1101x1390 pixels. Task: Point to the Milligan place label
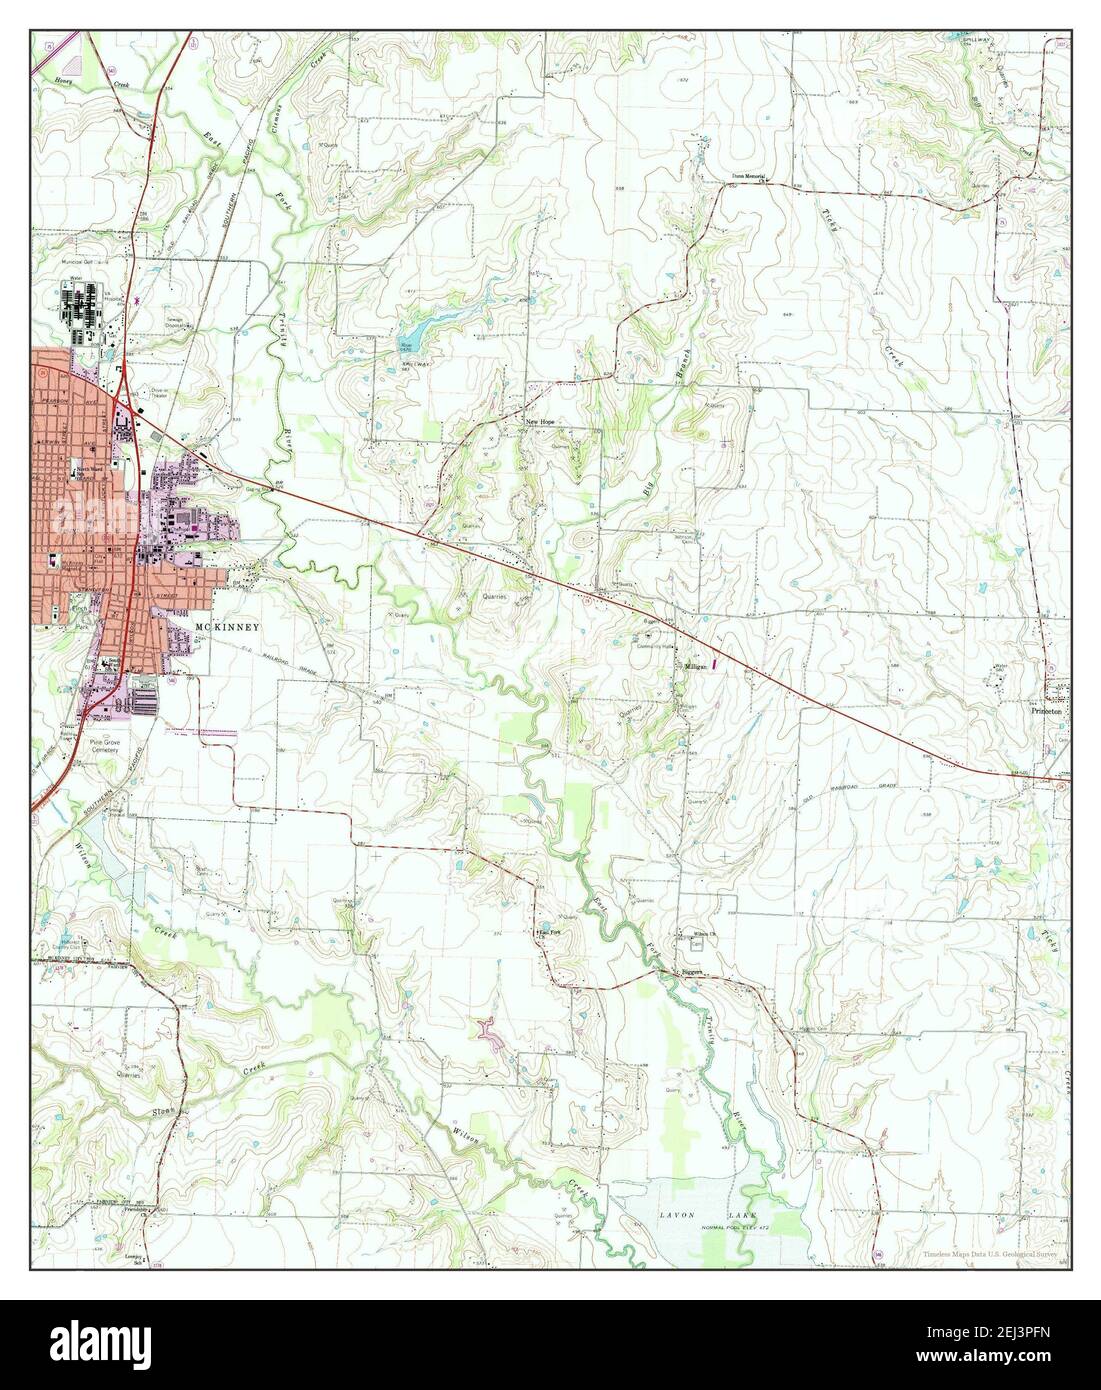[697, 665]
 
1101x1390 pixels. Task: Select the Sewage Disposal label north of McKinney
[179, 323]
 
